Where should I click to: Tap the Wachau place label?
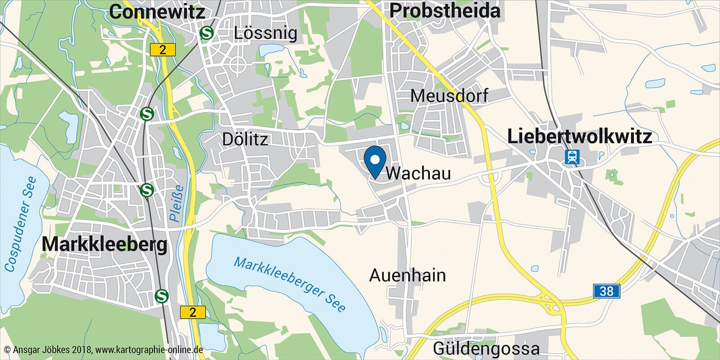coord(418,173)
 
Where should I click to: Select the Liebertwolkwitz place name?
coord(579,136)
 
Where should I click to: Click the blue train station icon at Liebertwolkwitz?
coord(572,157)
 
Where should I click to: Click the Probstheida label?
coord(445,11)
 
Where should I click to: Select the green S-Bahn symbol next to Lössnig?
coord(207,32)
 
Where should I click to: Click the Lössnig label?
coord(265,33)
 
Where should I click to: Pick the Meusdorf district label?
coord(449,95)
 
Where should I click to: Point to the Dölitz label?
coord(245,139)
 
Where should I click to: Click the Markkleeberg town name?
coord(104,245)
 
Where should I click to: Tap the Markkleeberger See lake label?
coord(290,284)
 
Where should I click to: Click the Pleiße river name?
coord(176,203)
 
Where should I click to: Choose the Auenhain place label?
coord(407,275)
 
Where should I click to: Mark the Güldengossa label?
coord(486,348)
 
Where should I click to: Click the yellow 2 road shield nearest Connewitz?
coord(162,49)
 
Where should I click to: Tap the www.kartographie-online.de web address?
coord(149,350)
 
